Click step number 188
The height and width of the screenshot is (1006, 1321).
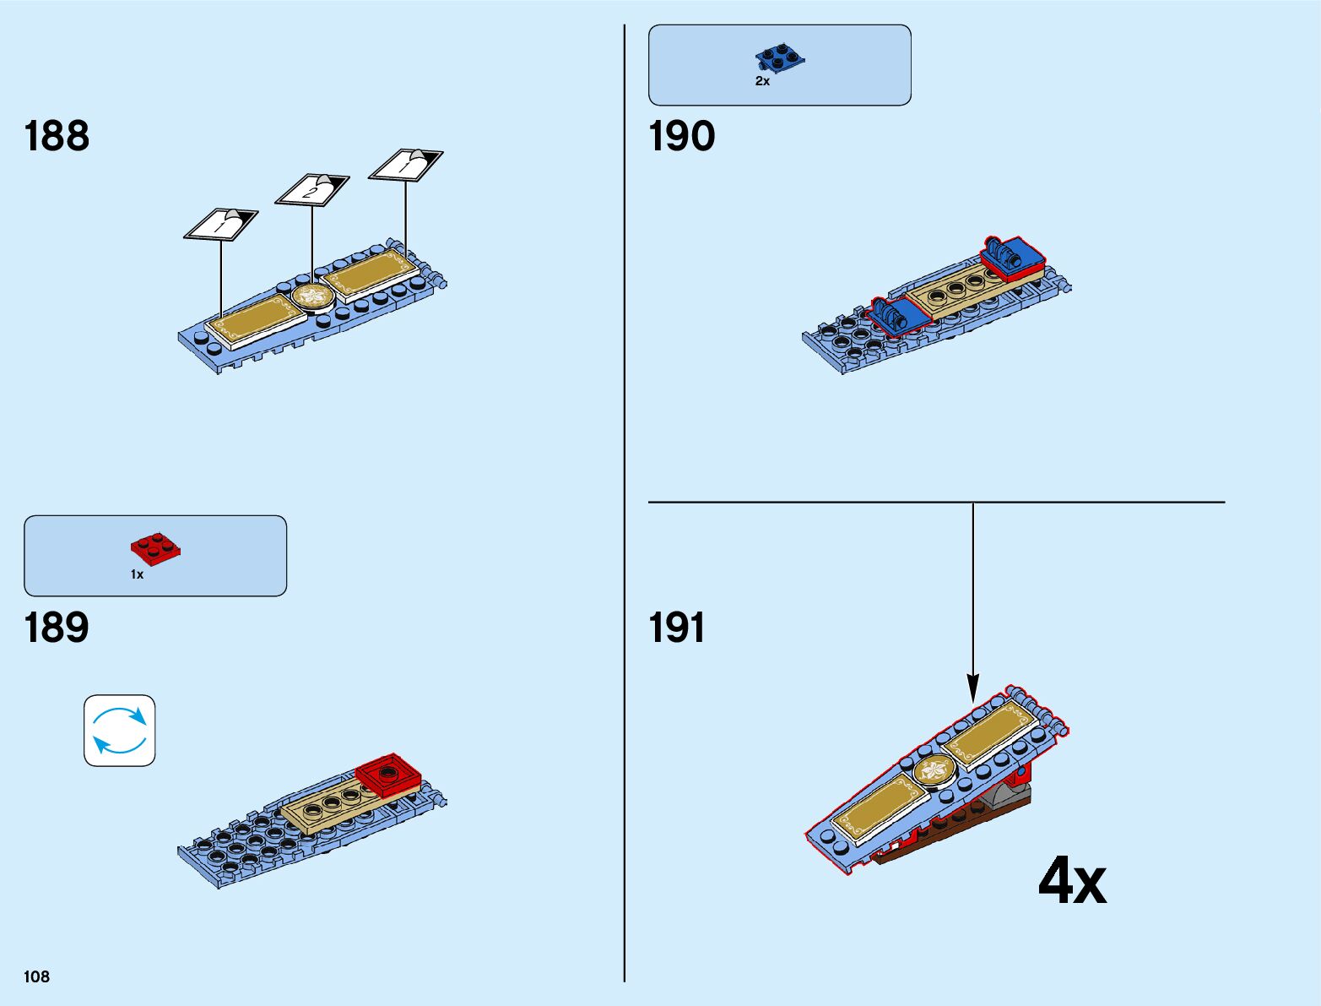point(57,136)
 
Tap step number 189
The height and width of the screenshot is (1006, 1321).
point(57,628)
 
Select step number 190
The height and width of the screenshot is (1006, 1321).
point(681,136)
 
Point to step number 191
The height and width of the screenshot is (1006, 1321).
point(676,628)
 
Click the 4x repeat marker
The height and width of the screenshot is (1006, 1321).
point(1071,881)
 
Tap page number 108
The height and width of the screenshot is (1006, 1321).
point(37,976)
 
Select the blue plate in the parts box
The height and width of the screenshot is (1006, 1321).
point(779,57)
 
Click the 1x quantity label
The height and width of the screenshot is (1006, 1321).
point(137,574)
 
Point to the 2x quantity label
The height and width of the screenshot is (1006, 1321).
point(762,82)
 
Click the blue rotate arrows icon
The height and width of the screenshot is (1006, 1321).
point(119,731)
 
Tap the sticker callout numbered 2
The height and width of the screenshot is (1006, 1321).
point(311,190)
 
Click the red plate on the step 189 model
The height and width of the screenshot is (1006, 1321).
point(388,774)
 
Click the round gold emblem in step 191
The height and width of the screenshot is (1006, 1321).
point(934,770)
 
